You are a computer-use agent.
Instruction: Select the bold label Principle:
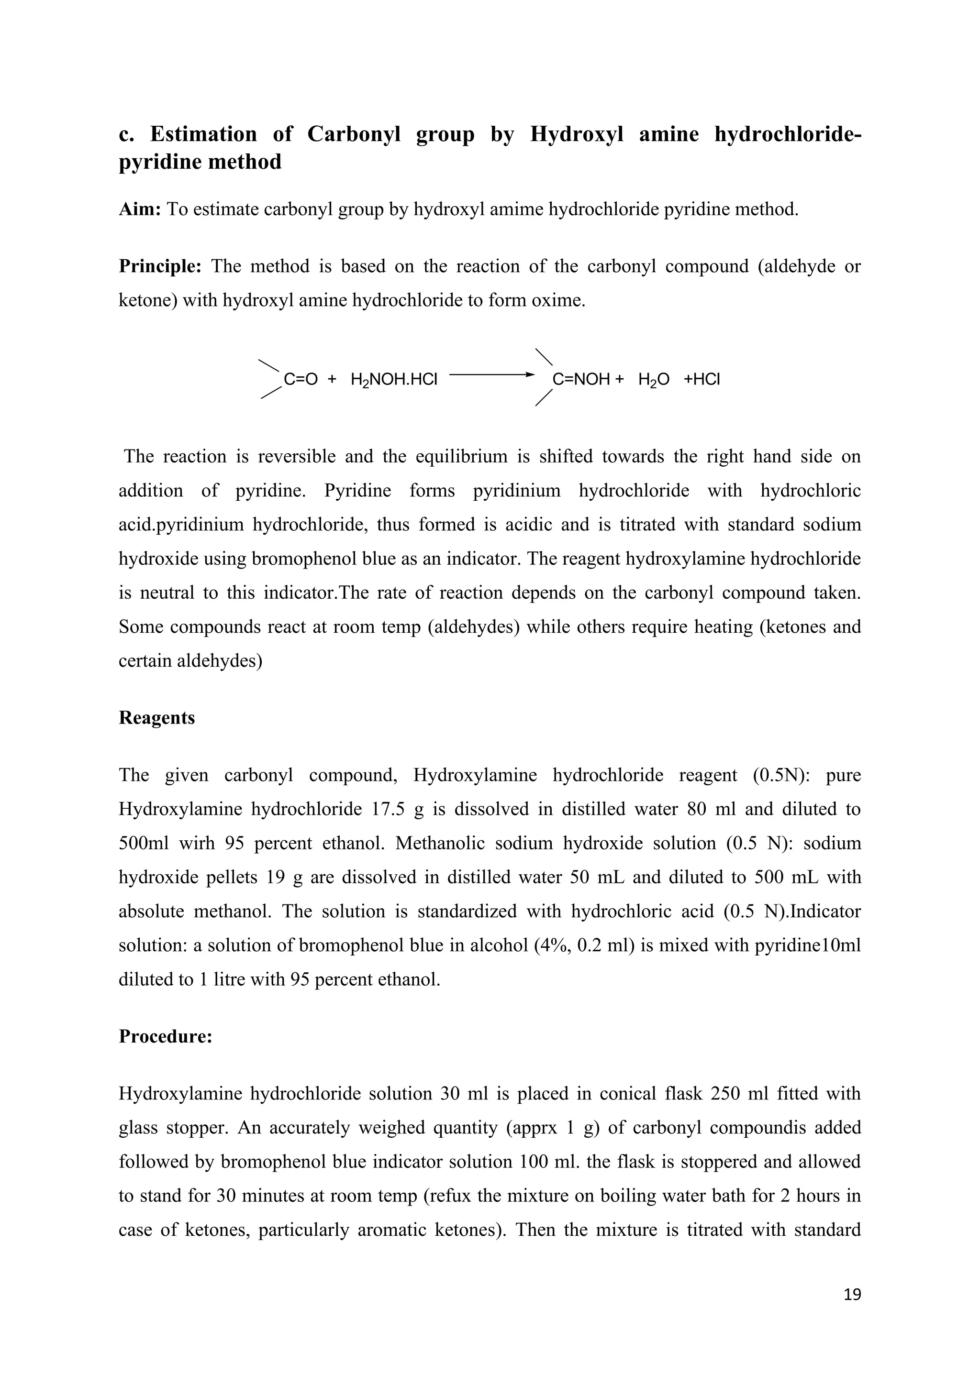[x=160, y=266]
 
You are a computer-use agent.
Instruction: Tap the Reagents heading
[x=157, y=718]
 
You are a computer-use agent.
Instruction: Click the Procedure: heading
[x=166, y=1036]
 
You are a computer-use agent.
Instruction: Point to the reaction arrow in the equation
[x=492, y=374]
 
